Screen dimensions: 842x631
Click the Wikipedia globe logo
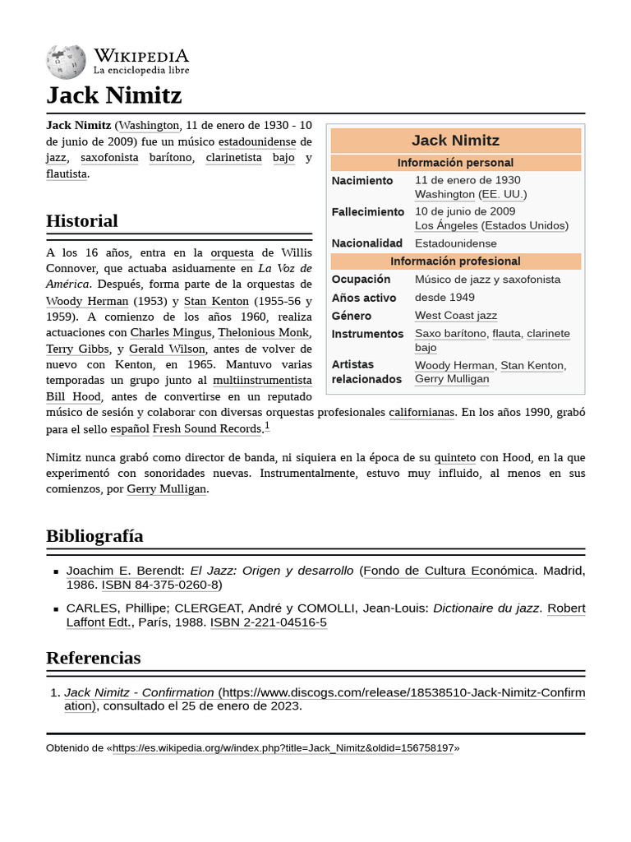point(66,62)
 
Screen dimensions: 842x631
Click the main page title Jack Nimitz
point(113,95)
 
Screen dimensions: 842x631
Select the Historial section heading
point(82,220)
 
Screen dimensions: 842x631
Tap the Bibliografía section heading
point(94,536)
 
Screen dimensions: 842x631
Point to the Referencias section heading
point(93,658)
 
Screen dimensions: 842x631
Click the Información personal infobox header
point(455,163)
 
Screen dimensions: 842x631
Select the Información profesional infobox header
point(455,261)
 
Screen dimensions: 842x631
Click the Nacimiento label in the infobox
point(362,181)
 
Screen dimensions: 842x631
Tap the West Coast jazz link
point(455,316)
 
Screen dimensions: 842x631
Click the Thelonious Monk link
point(264,333)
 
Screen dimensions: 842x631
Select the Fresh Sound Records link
point(207,428)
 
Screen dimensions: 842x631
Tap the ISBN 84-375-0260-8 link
point(160,585)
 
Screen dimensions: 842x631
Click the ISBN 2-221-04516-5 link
point(268,622)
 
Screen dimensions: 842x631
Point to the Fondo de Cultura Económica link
point(449,571)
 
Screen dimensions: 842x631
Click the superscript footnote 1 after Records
point(267,426)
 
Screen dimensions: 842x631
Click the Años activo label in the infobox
point(364,298)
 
